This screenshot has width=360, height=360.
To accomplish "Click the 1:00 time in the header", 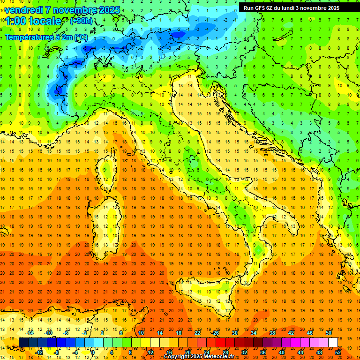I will [x=15, y=21].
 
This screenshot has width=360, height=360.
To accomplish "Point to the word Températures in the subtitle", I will [x=29, y=37].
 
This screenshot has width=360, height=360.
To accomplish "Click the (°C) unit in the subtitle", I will [x=81, y=37].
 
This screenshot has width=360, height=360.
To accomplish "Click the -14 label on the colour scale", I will [x=30, y=333].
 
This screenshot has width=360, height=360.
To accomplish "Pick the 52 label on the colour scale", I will [x=338, y=352].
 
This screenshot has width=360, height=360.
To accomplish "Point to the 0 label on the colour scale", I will [x=93, y=352].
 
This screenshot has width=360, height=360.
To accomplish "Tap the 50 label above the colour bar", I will [x=329, y=333].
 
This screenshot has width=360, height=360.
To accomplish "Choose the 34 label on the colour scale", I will [x=254, y=333].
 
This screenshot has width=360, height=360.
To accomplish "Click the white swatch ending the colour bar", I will [x=333, y=342].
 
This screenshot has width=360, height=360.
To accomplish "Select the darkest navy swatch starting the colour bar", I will [x=23, y=342].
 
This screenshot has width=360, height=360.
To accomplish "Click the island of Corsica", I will [x=109, y=169].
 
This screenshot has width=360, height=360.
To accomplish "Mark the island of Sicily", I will [x=211, y=293].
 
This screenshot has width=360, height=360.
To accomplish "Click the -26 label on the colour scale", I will [x=216, y=333].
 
